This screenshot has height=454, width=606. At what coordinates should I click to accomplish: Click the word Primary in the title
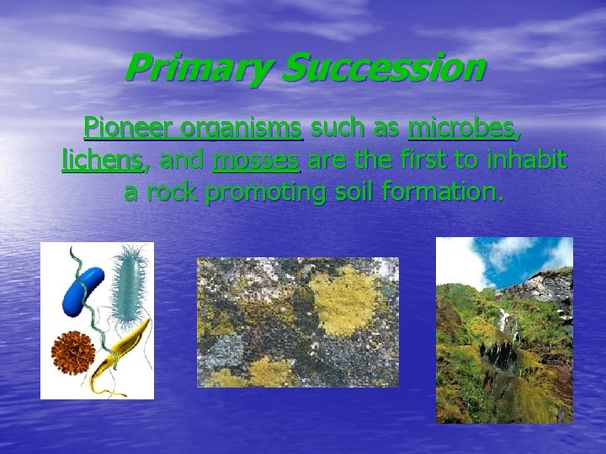tap(198, 68)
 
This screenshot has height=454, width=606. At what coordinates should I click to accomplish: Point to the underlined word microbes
tap(464, 129)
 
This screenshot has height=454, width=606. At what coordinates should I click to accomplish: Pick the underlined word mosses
tap(255, 161)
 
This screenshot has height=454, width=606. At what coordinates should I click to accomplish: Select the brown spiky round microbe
tap(72, 348)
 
